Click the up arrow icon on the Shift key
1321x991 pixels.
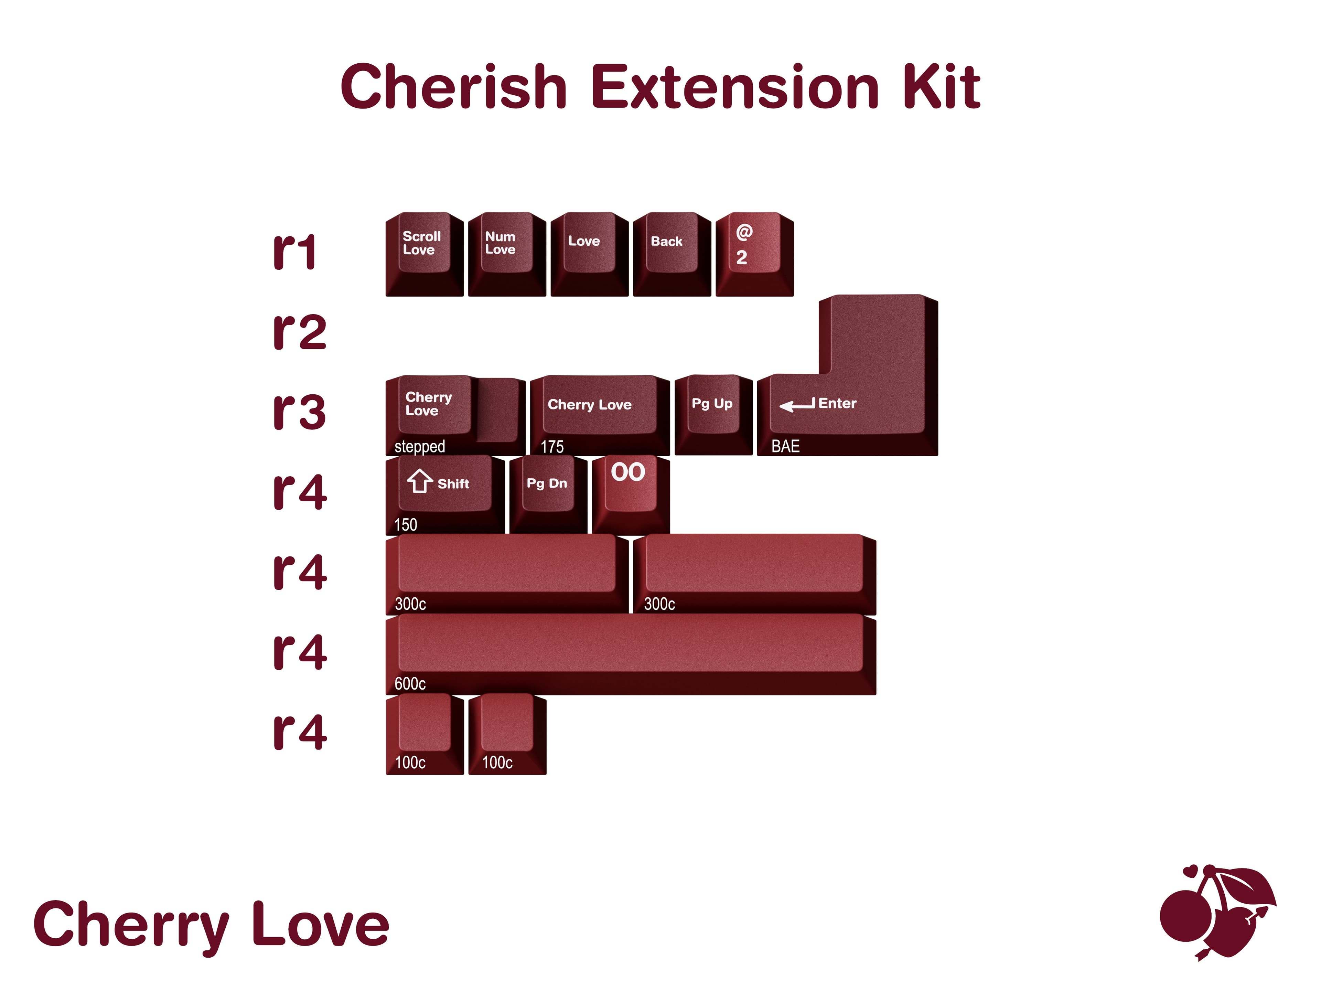(x=420, y=481)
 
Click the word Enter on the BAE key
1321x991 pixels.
(x=837, y=404)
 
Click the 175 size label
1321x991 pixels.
(x=552, y=447)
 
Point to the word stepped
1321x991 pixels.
(x=419, y=447)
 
